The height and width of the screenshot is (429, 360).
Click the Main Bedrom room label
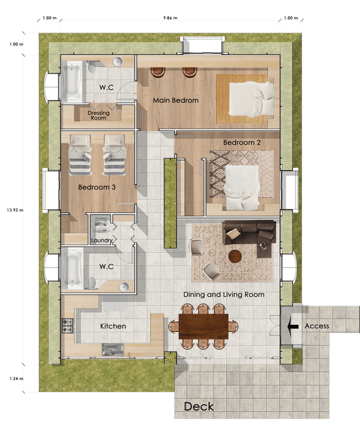[175, 100]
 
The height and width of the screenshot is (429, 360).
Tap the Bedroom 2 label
[242, 142]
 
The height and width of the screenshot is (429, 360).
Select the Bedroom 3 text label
[97, 187]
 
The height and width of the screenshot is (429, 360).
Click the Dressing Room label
[98, 115]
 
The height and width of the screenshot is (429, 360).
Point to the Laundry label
[102, 241]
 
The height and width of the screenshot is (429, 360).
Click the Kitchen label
[113, 326]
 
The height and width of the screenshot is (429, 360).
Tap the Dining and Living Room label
[223, 294]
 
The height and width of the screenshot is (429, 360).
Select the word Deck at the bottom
[199, 406]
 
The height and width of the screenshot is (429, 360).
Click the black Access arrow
[292, 326]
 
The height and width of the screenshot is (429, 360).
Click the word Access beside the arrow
[317, 326]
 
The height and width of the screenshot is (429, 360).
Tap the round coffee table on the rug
[235, 256]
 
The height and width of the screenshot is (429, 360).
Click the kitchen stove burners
[67, 325]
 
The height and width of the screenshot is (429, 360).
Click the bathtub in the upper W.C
[73, 81]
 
